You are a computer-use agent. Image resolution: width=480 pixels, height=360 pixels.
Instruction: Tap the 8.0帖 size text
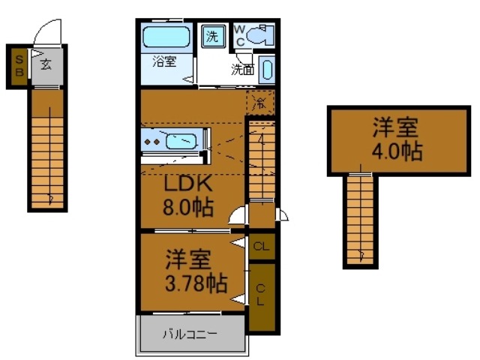[187, 205]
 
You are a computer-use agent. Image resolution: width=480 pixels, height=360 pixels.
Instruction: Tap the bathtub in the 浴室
[166, 37]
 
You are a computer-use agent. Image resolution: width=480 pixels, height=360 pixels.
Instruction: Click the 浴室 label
[164, 62]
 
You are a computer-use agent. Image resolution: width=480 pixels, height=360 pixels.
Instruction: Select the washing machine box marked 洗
[212, 35]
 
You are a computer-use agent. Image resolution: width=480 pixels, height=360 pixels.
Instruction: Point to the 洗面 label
[241, 70]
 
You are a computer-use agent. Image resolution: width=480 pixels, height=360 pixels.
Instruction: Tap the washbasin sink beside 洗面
[268, 70]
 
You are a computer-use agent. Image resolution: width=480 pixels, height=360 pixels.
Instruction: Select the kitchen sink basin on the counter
[181, 141]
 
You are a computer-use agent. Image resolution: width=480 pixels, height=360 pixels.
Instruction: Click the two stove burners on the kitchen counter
[152, 141]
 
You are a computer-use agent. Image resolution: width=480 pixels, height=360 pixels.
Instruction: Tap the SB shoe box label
[19, 67]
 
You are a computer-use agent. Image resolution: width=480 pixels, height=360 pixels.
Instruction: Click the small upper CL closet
[261, 246]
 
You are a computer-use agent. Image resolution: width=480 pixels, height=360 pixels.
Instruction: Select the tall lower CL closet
[261, 295]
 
